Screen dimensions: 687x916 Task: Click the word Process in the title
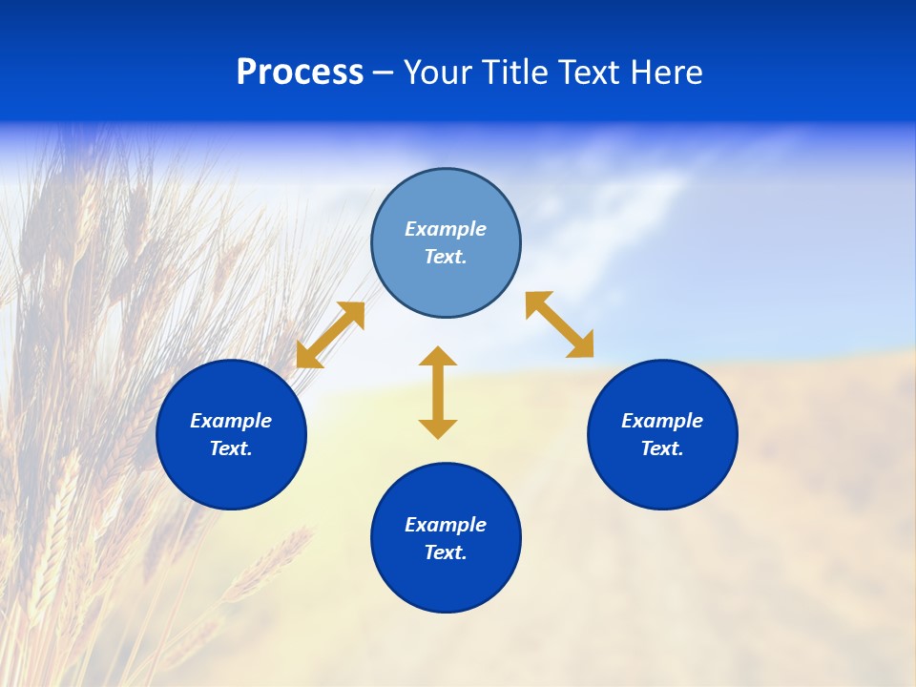point(300,73)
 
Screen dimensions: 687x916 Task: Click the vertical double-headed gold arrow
point(438,392)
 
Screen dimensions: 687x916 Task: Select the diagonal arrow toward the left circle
point(330,335)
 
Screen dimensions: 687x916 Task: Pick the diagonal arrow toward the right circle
point(560,324)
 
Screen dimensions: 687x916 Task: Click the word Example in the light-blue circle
point(446,229)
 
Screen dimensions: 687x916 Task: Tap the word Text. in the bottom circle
point(446,552)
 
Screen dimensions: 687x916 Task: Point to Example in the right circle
point(662,421)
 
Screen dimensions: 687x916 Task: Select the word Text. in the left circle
point(231,448)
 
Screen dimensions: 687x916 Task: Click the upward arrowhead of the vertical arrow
point(438,357)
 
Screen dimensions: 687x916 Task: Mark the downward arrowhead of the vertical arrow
point(438,428)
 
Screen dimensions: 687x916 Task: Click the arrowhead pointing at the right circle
point(581,345)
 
